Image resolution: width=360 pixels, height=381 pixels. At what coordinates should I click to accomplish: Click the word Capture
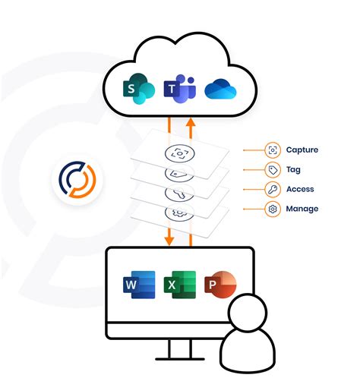click(303, 150)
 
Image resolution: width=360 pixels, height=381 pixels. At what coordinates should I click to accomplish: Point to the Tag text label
click(294, 170)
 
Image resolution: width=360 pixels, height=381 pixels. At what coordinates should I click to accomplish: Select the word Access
click(301, 189)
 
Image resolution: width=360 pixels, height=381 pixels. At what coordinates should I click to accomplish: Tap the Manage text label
click(302, 209)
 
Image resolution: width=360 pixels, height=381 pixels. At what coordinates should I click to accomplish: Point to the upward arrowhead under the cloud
click(191, 121)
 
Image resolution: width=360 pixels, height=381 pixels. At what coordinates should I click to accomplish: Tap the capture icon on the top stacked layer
click(179, 153)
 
